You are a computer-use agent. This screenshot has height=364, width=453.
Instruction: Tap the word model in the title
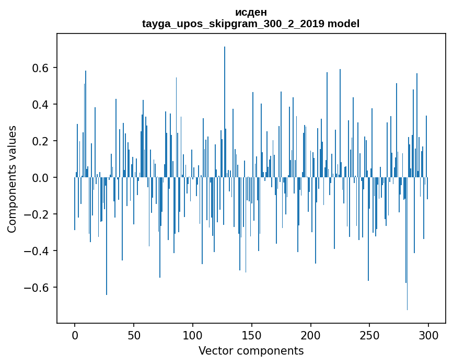pyautogui.click(x=343, y=24)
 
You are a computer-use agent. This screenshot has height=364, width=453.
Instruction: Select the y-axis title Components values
pyautogui.click(x=12, y=179)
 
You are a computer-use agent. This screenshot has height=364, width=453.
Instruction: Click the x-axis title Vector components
pyautogui.click(x=251, y=351)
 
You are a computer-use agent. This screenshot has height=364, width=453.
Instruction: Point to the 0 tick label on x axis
pyautogui.click(x=75, y=335)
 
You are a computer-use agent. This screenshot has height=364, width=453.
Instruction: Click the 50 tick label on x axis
pyautogui.click(x=134, y=335)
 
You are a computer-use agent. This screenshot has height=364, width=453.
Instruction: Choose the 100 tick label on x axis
pyautogui.click(x=193, y=335)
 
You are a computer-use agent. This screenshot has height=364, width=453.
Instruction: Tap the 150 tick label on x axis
pyautogui.click(x=252, y=335)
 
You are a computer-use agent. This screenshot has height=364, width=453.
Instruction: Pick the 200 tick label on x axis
pyautogui.click(x=311, y=335)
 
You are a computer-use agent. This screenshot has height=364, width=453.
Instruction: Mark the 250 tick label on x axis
pyautogui.click(x=369, y=335)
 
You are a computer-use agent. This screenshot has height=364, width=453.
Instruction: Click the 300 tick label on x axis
pyautogui.click(x=428, y=335)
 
